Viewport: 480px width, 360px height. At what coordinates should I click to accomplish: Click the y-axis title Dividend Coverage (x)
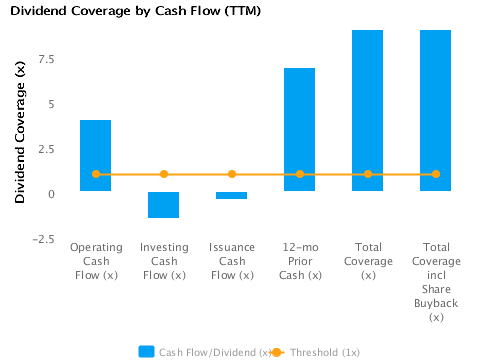(x=19, y=129)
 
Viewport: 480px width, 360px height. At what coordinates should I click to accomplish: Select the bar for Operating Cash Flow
(x=96, y=155)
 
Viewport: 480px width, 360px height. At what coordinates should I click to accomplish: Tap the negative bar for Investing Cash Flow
(x=164, y=204)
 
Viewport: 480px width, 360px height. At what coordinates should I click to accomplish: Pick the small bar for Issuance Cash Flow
(x=232, y=195)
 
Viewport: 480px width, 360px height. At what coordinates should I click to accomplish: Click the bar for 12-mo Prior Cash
(x=300, y=129)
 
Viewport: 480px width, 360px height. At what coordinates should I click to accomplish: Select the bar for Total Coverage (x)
(x=368, y=110)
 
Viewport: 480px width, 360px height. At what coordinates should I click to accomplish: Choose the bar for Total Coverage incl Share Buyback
(x=436, y=110)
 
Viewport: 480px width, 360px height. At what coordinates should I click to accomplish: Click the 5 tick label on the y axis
(x=50, y=103)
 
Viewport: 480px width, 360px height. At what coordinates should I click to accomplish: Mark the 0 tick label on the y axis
(x=50, y=193)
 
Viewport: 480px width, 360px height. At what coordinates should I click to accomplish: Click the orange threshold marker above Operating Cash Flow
(x=96, y=174)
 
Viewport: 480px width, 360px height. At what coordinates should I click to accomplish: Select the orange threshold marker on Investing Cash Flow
(x=164, y=174)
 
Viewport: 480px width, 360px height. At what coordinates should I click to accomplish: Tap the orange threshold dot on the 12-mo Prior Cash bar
(x=300, y=174)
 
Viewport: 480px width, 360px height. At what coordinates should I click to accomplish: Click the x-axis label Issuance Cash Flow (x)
(x=232, y=260)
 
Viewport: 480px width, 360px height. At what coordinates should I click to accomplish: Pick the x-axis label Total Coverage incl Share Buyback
(x=436, y=281)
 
